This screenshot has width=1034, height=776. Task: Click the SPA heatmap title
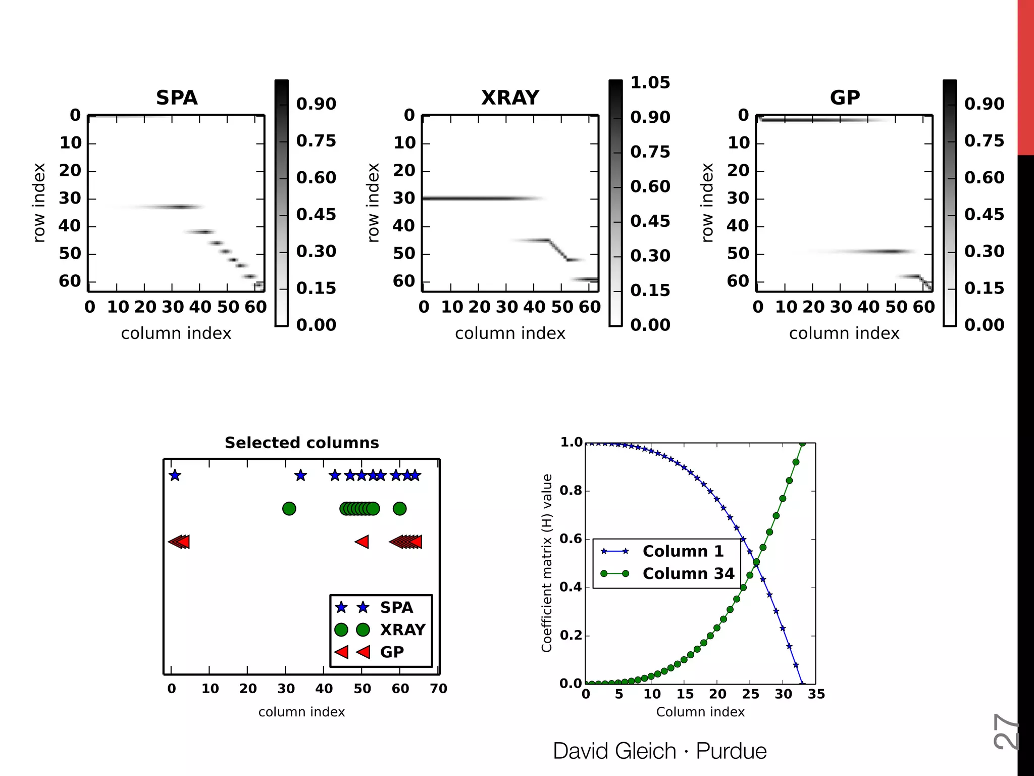pos(176,98)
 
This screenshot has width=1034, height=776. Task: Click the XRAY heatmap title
pos(510,98)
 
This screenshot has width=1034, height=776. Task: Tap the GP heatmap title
pos(845,98)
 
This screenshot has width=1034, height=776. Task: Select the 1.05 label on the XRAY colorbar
pos(650,82)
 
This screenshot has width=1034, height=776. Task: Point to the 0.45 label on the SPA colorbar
pos(316,214)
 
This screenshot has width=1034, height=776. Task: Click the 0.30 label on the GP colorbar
pos(984,251)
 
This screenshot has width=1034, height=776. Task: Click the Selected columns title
pos(301,443)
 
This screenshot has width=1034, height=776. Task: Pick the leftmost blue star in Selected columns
pos(175,475)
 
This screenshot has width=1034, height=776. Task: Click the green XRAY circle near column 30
pos(289,509)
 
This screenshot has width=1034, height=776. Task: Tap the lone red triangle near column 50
pos(362,542)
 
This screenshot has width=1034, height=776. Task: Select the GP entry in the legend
pos(391,652)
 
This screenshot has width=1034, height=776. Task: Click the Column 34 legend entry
pos(688,573)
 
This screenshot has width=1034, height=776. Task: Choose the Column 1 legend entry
pos(683,551)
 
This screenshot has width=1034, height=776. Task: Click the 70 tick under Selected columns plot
pos(438,689)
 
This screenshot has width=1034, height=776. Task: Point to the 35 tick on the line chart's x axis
pos(816,694)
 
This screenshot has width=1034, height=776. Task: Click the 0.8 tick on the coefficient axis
pos(571,491)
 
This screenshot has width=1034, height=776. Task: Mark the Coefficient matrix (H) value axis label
pos(547,563)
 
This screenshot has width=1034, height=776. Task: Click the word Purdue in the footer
pos(731,751)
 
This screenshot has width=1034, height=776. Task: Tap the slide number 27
pos(1005,731)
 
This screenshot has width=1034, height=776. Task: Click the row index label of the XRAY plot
pos(373,203)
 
